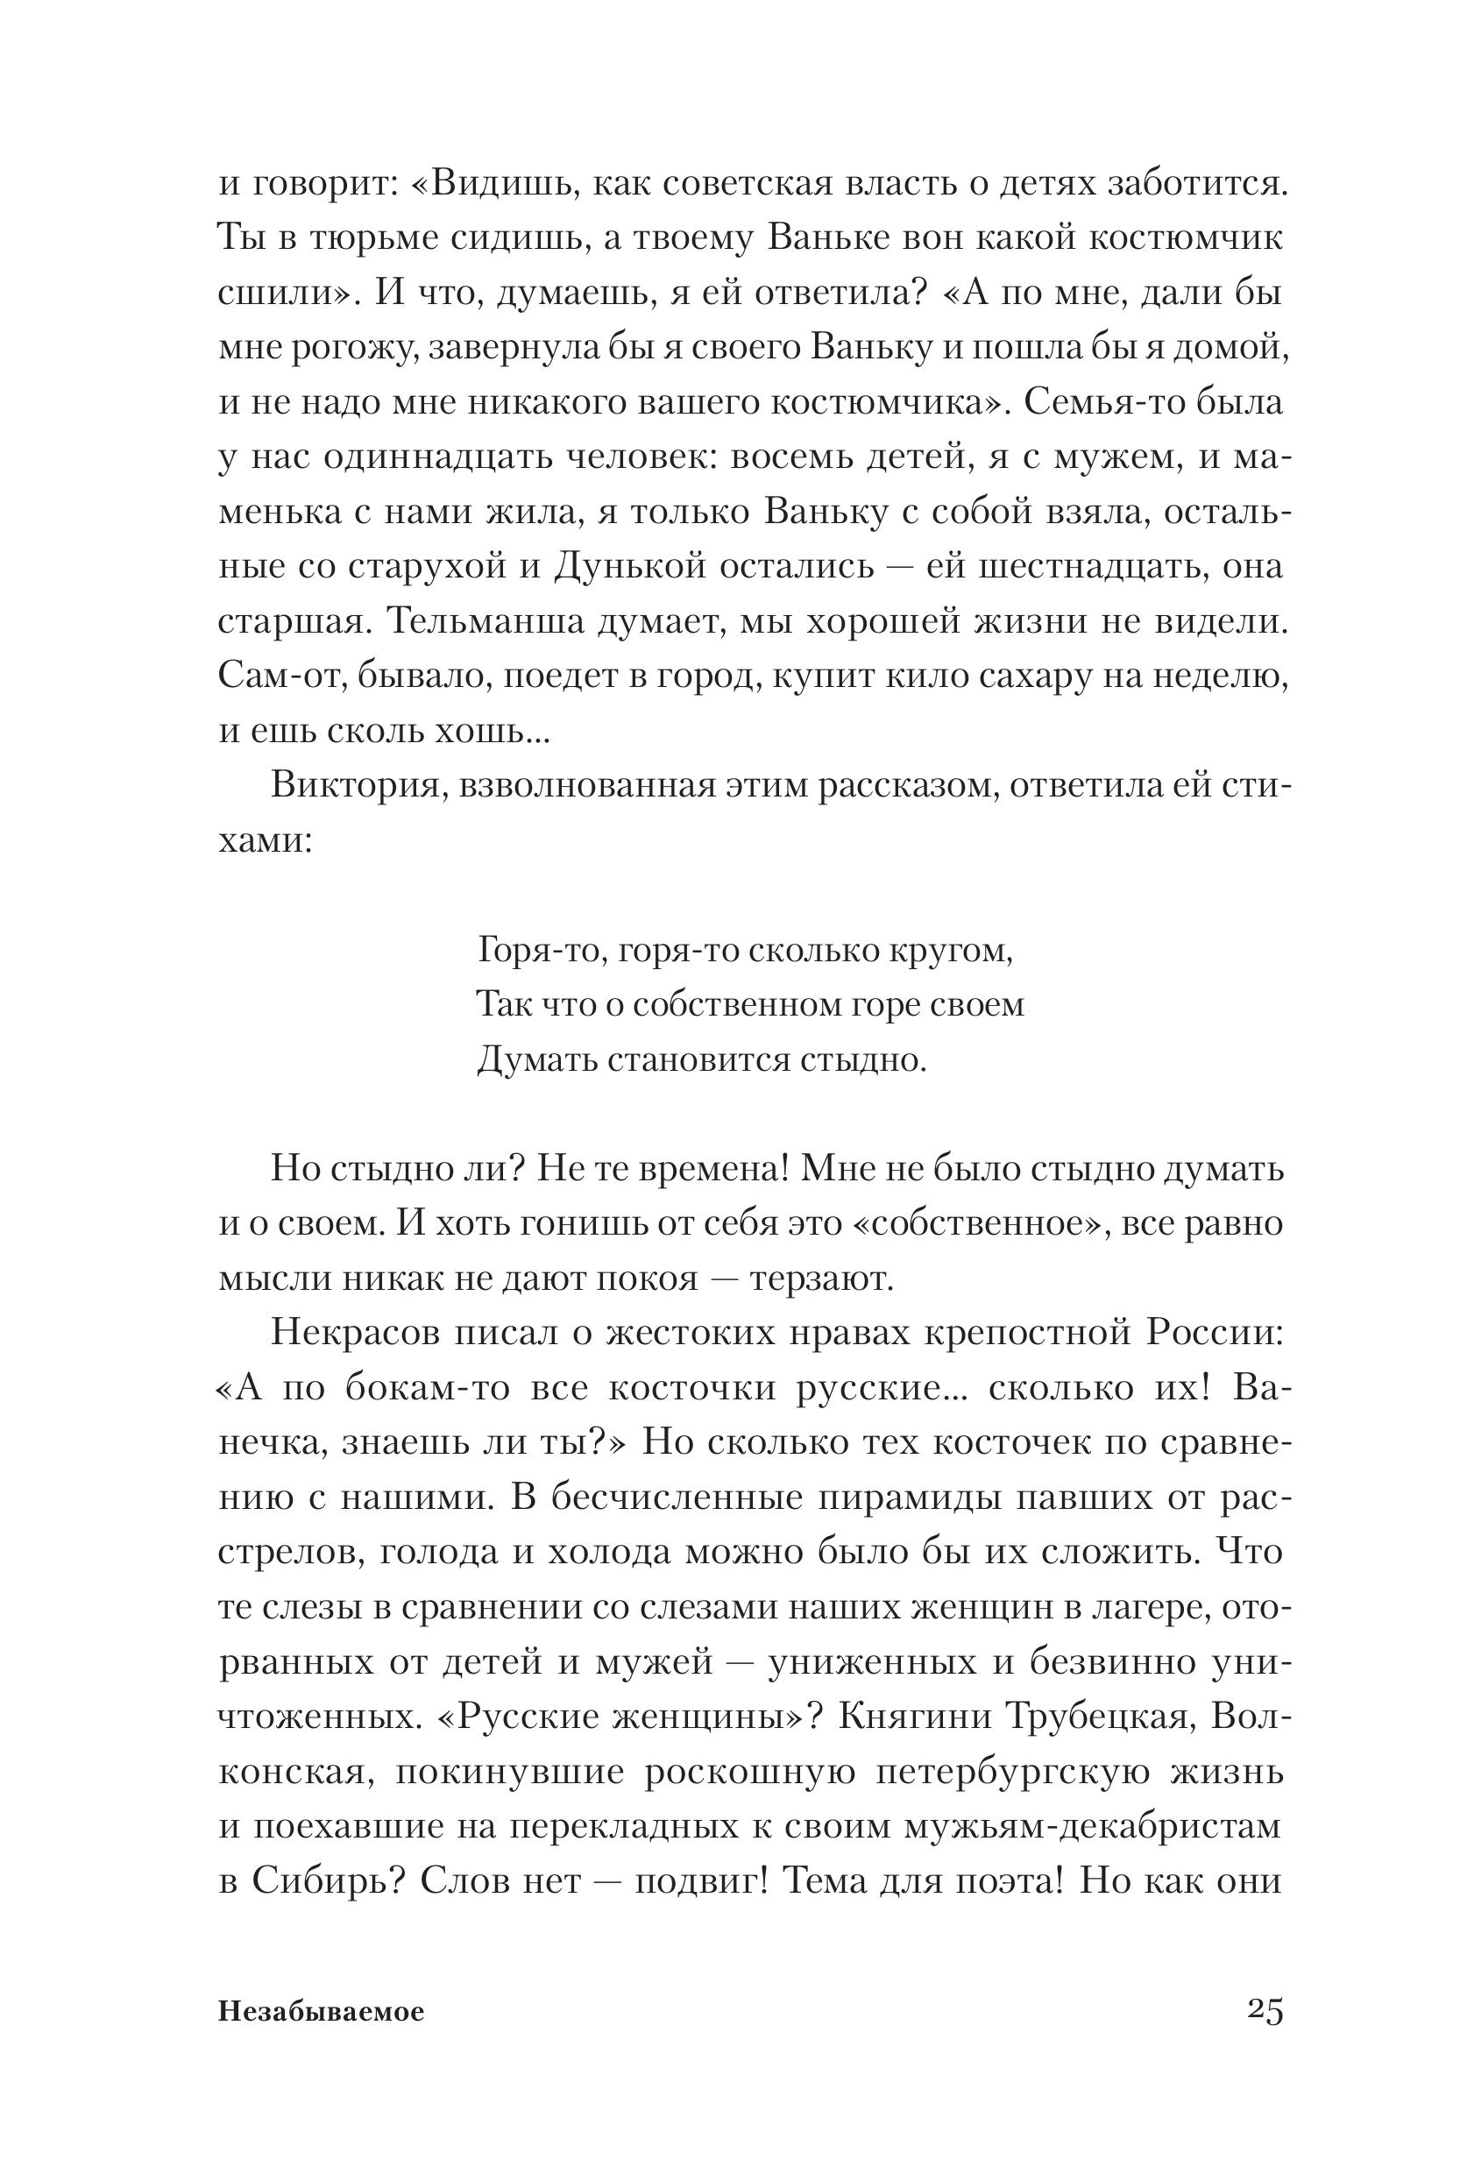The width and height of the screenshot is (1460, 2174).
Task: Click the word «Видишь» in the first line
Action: [x=494, y=183]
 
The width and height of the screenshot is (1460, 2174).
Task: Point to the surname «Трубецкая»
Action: [x=1096, y=1716]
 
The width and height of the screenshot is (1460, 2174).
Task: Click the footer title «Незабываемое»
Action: [x=322, y=2012]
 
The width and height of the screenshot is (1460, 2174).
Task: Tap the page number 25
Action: [x=1265, y=2010]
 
